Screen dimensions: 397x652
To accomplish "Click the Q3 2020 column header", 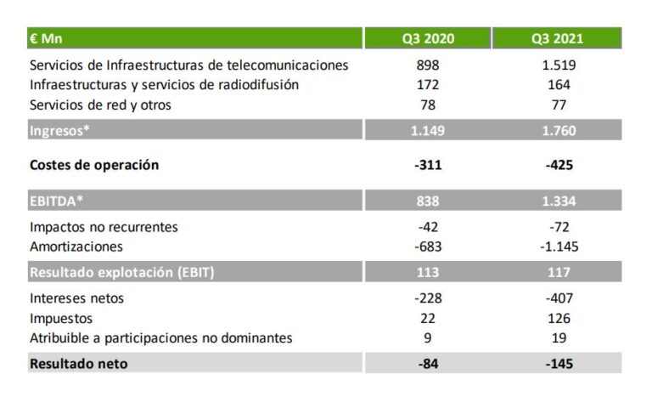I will click(428, 38).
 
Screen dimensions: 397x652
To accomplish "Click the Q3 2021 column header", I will click(558, 38).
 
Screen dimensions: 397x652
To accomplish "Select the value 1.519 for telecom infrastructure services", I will click(558, 65).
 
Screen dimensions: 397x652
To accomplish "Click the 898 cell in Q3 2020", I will click(428, 65).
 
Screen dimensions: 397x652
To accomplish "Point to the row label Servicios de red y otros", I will click(106, 105).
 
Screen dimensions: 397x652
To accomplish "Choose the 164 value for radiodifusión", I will click(558, 85).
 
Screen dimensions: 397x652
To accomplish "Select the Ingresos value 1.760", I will click(558, 131).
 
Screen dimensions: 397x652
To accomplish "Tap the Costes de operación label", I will click(94, 165).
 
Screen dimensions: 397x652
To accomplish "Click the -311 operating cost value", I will click(428, 165).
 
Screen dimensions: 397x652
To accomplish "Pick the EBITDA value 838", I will click(428, 201).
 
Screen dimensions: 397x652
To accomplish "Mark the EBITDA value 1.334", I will click(558, 201).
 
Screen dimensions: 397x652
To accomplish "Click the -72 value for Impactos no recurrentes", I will click(558, 227).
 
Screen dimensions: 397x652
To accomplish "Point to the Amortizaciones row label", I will click(76, 247).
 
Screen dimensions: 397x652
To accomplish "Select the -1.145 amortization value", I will click(558, 247).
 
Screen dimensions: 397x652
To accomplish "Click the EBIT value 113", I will click(428, 273).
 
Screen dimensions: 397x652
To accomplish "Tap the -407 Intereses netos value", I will click(558, 298).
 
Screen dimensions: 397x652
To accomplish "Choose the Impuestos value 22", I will click(428, 318).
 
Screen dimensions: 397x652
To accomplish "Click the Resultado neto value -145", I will click(558, 363).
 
